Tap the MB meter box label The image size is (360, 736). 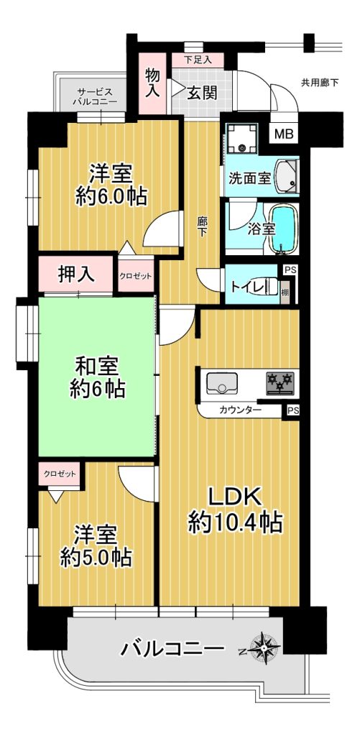pos(284,134)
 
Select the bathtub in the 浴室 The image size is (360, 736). pos(285,228)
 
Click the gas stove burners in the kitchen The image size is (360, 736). pos(280,382)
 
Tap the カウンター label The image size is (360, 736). pos(240,410)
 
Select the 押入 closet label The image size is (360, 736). pos(76,274)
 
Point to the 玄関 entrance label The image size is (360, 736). pos(203,93)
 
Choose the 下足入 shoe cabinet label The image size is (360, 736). pos(197,60)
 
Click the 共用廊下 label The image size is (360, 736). pos(320,83)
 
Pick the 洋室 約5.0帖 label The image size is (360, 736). pos(96,546)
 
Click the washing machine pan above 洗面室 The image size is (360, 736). pos(241,138)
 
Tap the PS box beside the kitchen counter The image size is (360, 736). pos(292,410)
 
